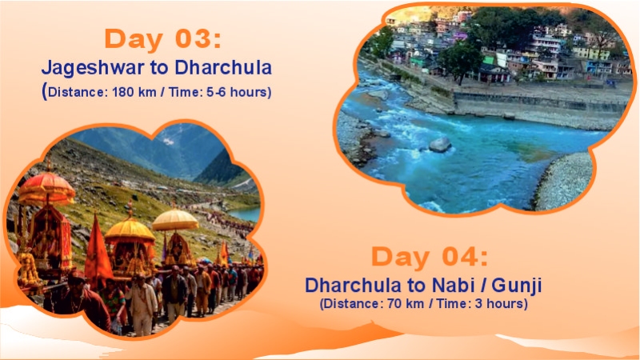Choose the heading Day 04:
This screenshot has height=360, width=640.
click(x=429, y=258)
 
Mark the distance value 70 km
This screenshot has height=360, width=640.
click(x=405, y=304)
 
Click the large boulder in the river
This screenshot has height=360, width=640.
click(x=440, y=145)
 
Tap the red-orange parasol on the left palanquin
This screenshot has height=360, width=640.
click(x=46, y=189)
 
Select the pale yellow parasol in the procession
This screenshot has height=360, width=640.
click(x=175, y=219)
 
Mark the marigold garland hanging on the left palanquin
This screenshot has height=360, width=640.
click(x=30, y=268)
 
